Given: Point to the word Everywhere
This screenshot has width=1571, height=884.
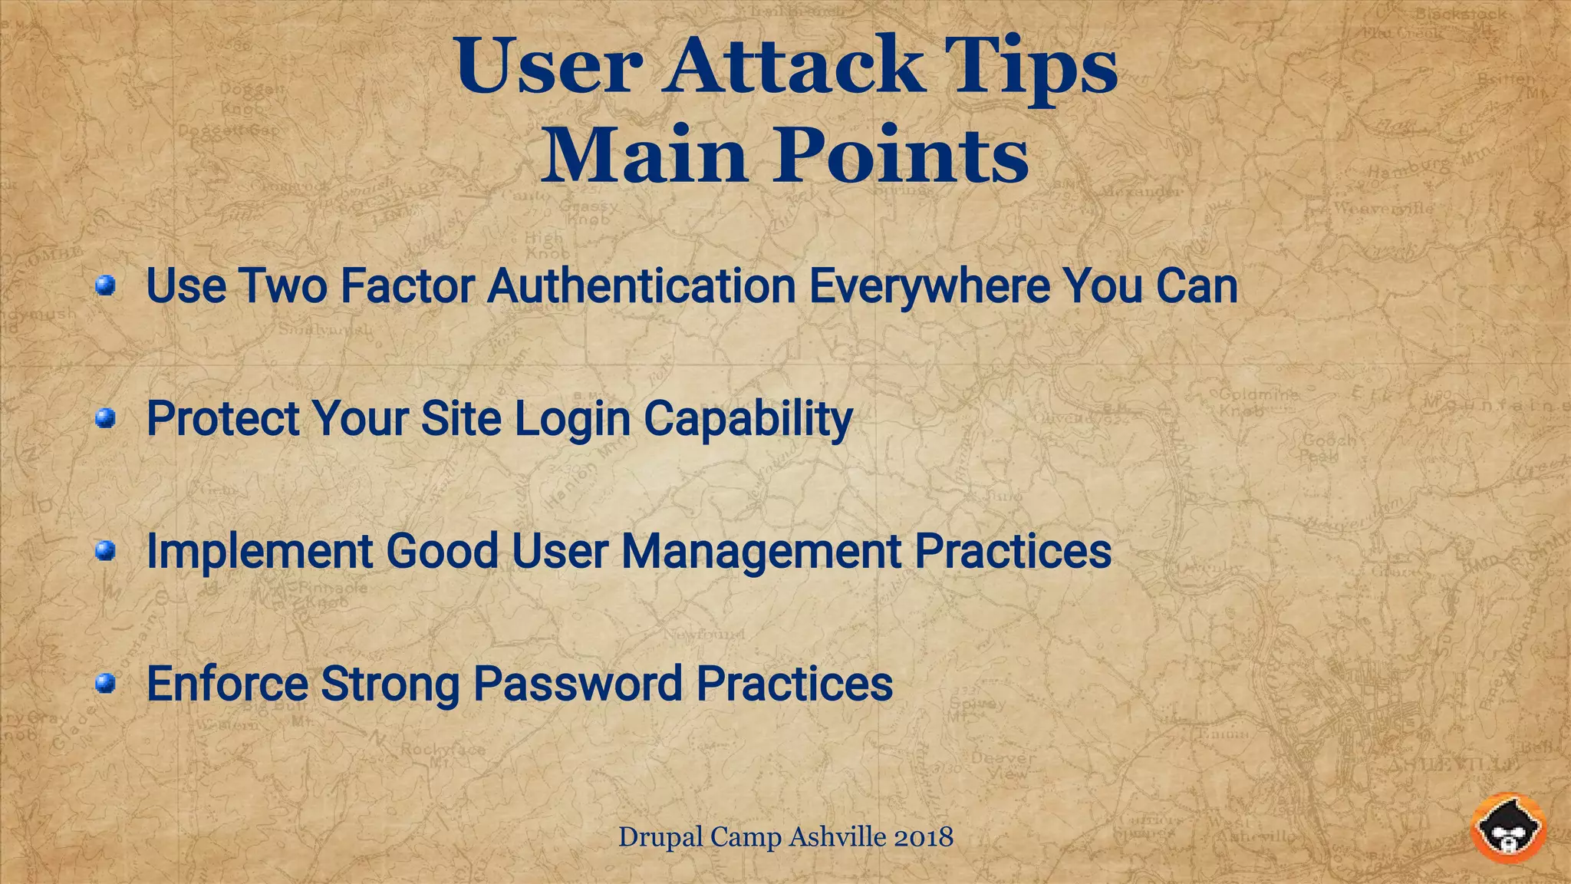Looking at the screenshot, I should (929, 286).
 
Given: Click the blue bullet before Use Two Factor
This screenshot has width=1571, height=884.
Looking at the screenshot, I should (105, 286).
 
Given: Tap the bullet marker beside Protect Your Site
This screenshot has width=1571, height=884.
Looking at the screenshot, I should (105, 418).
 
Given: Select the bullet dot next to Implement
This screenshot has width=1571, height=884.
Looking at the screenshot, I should (105, 550).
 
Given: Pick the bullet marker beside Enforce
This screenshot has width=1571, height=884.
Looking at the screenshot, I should (105, 683).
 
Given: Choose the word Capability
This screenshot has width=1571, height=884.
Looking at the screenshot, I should (748, 420).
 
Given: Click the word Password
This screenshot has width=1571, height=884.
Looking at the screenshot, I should (578, 683).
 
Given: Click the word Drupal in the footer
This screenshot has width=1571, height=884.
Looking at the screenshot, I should (660, 836).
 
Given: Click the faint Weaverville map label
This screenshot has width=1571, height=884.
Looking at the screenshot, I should (1383, 208).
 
